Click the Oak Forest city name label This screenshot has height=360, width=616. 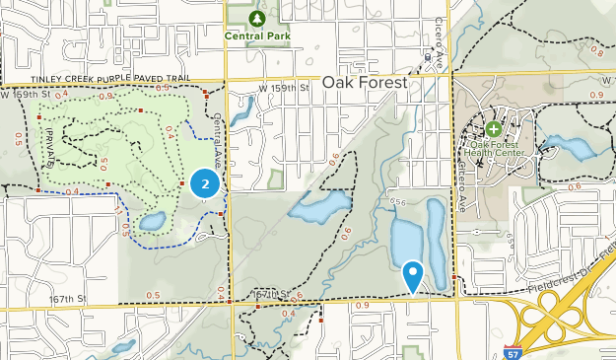(365, 84)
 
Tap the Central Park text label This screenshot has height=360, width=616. (257, 36)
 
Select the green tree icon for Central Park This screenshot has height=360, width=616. (257, 18)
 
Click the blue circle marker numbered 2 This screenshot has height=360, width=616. (204, 182)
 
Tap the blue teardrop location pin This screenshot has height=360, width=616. (413, 274)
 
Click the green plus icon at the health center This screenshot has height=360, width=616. (493, 128)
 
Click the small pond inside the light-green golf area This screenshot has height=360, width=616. (152, 222)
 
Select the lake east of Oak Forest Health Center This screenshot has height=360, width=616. (570, 148)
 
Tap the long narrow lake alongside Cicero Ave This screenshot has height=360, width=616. (437, 242)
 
